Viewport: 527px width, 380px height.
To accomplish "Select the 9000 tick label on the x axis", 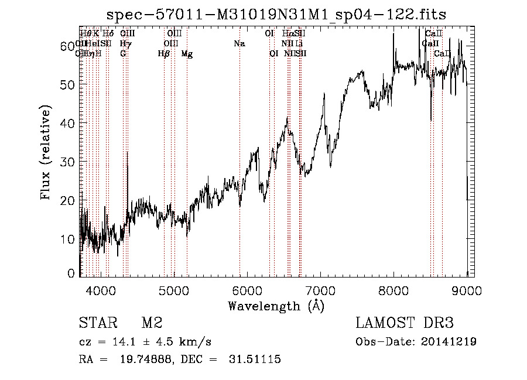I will [467, 290].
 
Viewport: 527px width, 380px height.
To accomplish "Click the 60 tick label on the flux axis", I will [69, 46].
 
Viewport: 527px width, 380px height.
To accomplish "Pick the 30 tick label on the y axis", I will [69, 162].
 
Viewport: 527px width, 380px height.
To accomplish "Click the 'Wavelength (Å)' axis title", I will [276, 306].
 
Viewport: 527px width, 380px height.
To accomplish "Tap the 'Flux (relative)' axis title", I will [46, 152].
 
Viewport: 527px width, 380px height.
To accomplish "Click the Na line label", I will [239, 43].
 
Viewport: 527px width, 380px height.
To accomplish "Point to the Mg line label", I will [187, 54].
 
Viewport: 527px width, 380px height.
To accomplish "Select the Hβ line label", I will [164, 54].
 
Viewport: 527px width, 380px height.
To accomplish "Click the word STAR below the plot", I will [97, 323].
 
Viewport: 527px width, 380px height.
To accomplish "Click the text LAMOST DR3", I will [405, 323].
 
